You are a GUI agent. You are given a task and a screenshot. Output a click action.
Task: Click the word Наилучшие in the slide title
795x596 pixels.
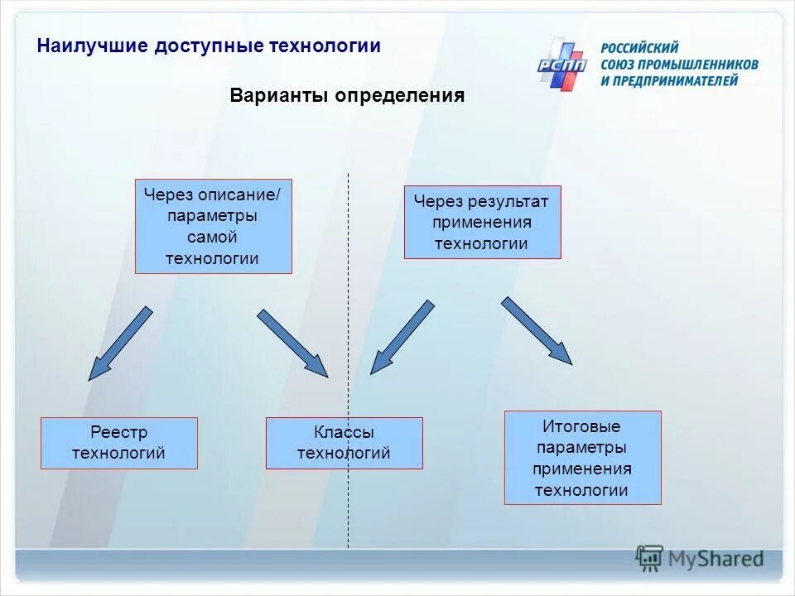point(91,46)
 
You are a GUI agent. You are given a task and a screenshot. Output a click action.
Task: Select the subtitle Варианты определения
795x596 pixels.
point(347,96)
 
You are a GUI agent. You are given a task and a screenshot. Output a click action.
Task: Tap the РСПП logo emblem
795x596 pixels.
point(561,63)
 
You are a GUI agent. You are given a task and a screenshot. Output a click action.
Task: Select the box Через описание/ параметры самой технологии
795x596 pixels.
point(213,226)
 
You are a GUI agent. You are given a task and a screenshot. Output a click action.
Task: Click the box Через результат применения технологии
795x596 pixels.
point(482,222)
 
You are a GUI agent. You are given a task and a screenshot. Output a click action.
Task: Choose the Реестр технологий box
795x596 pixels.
point(118,443)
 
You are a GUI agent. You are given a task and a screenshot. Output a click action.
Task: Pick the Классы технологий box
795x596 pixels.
point(344,443)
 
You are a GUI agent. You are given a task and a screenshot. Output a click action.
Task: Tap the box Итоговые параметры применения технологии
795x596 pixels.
point(582,458)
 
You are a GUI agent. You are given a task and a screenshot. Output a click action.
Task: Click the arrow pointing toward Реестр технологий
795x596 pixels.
point(120,344)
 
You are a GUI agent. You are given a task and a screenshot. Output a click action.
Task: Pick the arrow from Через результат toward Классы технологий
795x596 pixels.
point(402,338)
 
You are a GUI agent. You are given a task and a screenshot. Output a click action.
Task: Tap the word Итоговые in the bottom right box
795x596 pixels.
point(581,427)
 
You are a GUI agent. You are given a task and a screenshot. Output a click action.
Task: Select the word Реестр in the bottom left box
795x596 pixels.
point(118,433)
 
